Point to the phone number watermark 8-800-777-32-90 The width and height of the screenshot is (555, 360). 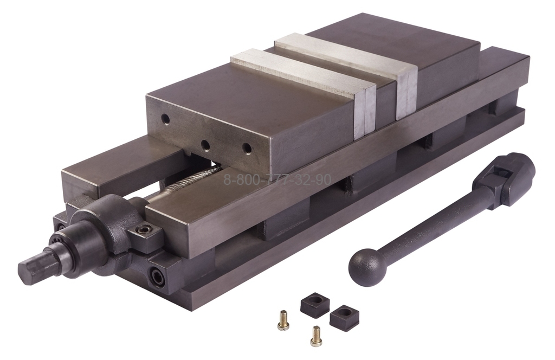coord(277,180)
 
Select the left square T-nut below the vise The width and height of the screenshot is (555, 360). coord(315,305)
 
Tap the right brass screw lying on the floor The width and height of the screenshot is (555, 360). coord(315,335)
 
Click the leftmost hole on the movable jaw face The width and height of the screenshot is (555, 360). coord(165,119)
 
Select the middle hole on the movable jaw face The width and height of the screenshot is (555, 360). coord(205,145)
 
